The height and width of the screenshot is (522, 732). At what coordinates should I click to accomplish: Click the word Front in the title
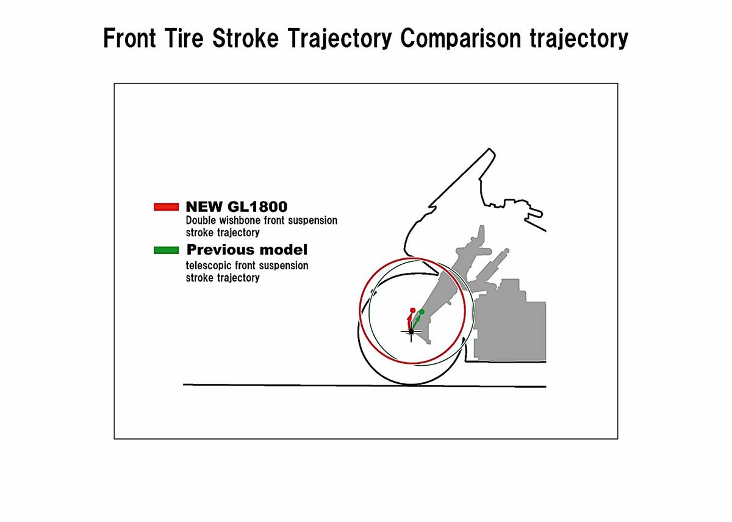[x=129, y=38]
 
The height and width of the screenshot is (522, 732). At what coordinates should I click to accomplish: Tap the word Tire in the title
[x=184, y=38]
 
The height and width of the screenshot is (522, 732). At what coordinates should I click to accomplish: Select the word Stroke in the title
[x=245, y=38]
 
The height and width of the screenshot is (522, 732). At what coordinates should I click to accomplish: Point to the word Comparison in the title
[x=460, y=39]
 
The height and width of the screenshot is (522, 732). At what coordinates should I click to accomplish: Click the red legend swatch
[x=167, y=207]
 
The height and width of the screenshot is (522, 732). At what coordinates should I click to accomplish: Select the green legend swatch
[x=167, y=250]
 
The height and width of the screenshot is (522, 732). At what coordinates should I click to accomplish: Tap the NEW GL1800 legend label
[x=237, y=207]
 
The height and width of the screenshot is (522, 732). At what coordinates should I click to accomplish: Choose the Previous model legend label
[x=247, y=250]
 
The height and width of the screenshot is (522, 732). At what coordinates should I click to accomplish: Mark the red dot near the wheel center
[x=413, y=310]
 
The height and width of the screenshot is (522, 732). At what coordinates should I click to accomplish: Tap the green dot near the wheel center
[x=422, y=312]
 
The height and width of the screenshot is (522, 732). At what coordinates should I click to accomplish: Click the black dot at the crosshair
[x=411, y=332]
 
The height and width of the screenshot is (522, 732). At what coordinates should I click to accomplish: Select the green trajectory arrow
[x=415, y=322]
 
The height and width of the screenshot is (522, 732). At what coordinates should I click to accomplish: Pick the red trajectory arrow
[x=409, y=322]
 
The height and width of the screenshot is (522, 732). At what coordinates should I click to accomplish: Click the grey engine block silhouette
[x=509, y=324]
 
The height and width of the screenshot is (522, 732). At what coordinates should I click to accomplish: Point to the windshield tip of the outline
[x=489, y=149]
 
